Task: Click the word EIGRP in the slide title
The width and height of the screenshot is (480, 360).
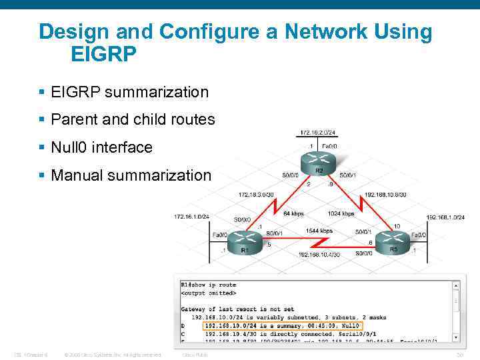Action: click(103, 54)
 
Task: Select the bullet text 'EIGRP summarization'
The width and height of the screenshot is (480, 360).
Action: click(129, 92)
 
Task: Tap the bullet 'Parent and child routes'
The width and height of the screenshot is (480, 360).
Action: click(133, 120)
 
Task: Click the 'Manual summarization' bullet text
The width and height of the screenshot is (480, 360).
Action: click(131, 175)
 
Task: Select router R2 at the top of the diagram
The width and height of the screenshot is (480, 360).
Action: click(319, 161)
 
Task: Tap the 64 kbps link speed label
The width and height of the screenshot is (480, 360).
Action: click(293, 214)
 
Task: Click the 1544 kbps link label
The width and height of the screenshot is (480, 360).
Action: click(319, 231)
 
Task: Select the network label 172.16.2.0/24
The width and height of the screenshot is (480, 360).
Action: click(318, 132)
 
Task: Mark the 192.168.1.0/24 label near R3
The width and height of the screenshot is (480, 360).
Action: click(445, 217)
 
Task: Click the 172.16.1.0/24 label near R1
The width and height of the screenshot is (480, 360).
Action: click(192, 217)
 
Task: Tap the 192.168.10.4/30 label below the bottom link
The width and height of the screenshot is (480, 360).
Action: click(319, 255)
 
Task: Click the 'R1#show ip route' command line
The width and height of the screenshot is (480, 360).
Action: click(208, 285)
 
